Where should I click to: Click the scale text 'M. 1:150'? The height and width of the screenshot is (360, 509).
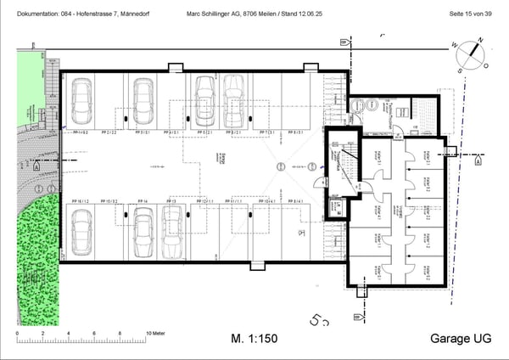(254, 338)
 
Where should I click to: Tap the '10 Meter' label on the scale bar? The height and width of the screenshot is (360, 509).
(158, 334)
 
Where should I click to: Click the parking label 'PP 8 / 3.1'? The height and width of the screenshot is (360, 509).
(299, 133)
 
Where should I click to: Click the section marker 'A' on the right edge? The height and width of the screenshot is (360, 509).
(478, 160)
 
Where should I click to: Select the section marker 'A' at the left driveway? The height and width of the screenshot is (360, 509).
(36, 167)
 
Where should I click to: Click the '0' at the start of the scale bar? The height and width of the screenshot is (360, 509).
(19, 334)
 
